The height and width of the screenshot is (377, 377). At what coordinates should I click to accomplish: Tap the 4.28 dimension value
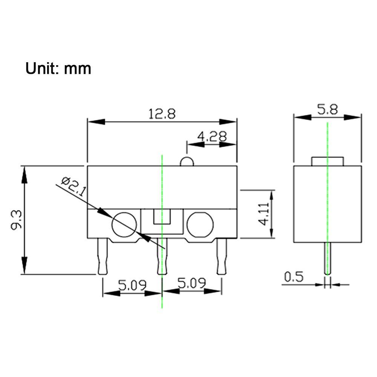click(213, 136)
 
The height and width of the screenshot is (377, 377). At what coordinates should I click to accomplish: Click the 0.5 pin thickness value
click(293, 277)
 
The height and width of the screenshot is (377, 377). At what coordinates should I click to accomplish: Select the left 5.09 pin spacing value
click(132, 285)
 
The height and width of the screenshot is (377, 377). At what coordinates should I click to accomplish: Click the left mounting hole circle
click(124, 225)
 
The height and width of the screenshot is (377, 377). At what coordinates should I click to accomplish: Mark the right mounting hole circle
click(200, 225)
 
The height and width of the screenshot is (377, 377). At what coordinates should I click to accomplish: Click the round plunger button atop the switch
click(187, 162)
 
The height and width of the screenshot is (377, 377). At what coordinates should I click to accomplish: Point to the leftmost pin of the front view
click(103, 256)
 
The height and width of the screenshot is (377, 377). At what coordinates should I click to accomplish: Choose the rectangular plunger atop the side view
click(327, 161)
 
